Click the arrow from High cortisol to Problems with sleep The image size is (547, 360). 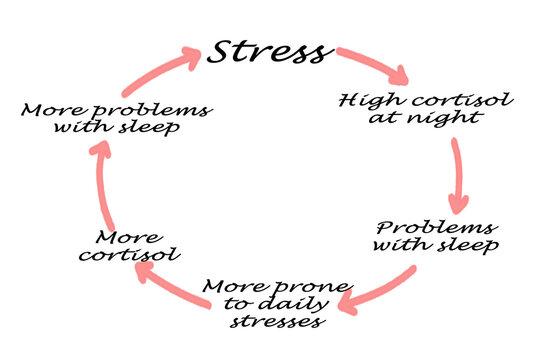click(x=458, y=173)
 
